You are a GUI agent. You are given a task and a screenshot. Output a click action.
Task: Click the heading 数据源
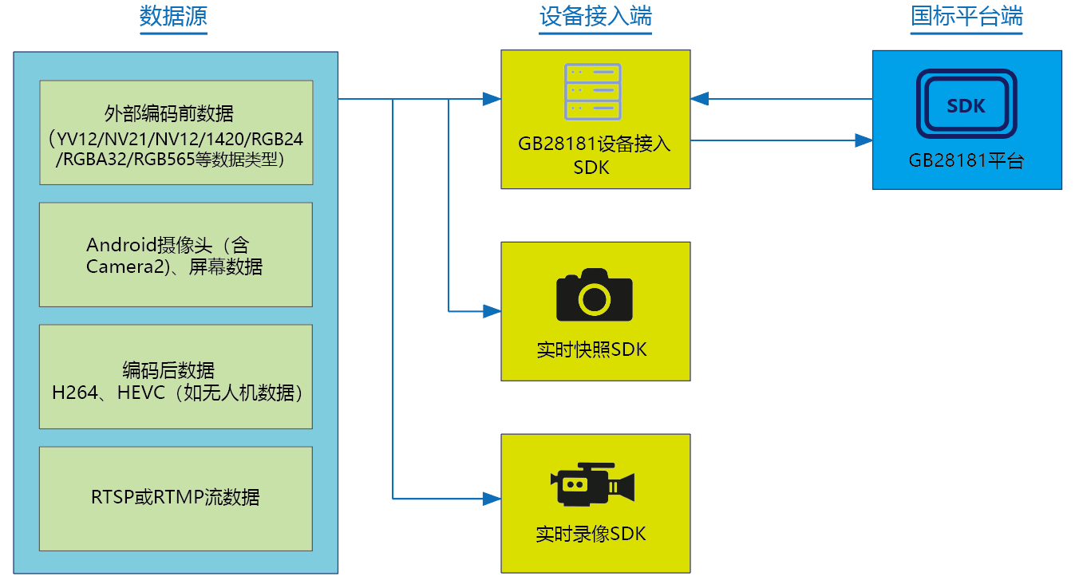point(173,17)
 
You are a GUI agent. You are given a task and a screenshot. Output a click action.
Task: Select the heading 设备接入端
point(595,17)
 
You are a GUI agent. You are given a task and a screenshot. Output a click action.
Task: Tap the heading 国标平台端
point(966,17)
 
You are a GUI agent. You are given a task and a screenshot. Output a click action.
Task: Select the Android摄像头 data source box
point(175,255)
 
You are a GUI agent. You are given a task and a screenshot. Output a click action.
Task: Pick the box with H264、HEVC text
point(175,381)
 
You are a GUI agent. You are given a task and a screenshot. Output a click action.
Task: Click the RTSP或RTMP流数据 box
point(175,498)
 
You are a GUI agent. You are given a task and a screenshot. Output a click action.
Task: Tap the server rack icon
point(592,91)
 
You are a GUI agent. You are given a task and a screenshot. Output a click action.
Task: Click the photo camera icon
point(594,295)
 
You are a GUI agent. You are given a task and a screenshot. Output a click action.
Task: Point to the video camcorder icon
point(592,483)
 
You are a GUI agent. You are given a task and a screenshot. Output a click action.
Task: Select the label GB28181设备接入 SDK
point(595,156)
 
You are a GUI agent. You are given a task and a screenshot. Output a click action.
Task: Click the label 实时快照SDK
point(591,349)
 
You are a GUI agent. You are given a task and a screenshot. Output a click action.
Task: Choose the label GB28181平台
point(966,160)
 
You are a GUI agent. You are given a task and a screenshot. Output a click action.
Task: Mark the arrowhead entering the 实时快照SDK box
point(492,310)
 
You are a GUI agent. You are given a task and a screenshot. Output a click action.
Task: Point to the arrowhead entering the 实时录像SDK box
point(492,499)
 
